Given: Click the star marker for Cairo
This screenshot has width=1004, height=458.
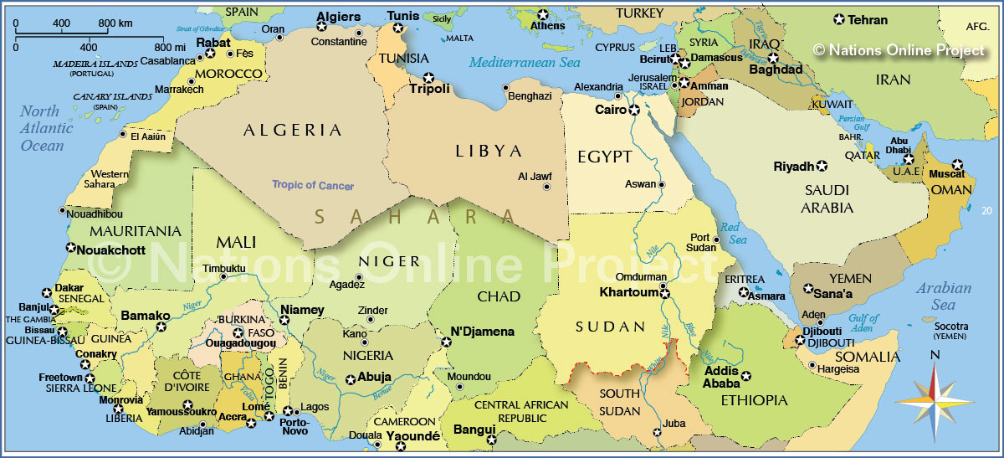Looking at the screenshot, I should pos(634,111).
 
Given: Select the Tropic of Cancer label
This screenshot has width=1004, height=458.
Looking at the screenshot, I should pos(312,185).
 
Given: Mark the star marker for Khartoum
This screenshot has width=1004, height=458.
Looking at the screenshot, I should pos(664,293).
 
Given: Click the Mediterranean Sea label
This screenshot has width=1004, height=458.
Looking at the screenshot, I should pos(525,63).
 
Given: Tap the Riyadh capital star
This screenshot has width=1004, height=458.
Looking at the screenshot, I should pos(822,166).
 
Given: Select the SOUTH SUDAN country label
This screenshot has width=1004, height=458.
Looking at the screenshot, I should pos(620,402).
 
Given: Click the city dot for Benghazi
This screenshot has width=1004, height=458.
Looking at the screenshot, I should pos(505,87).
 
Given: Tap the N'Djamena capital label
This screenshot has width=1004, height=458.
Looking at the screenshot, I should pos(483,332).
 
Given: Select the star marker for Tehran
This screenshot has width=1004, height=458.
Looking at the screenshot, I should pos(838,19).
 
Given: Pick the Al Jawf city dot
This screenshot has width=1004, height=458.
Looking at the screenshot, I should pos(551,177).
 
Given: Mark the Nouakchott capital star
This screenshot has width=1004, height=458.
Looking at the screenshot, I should pos(70,248).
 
